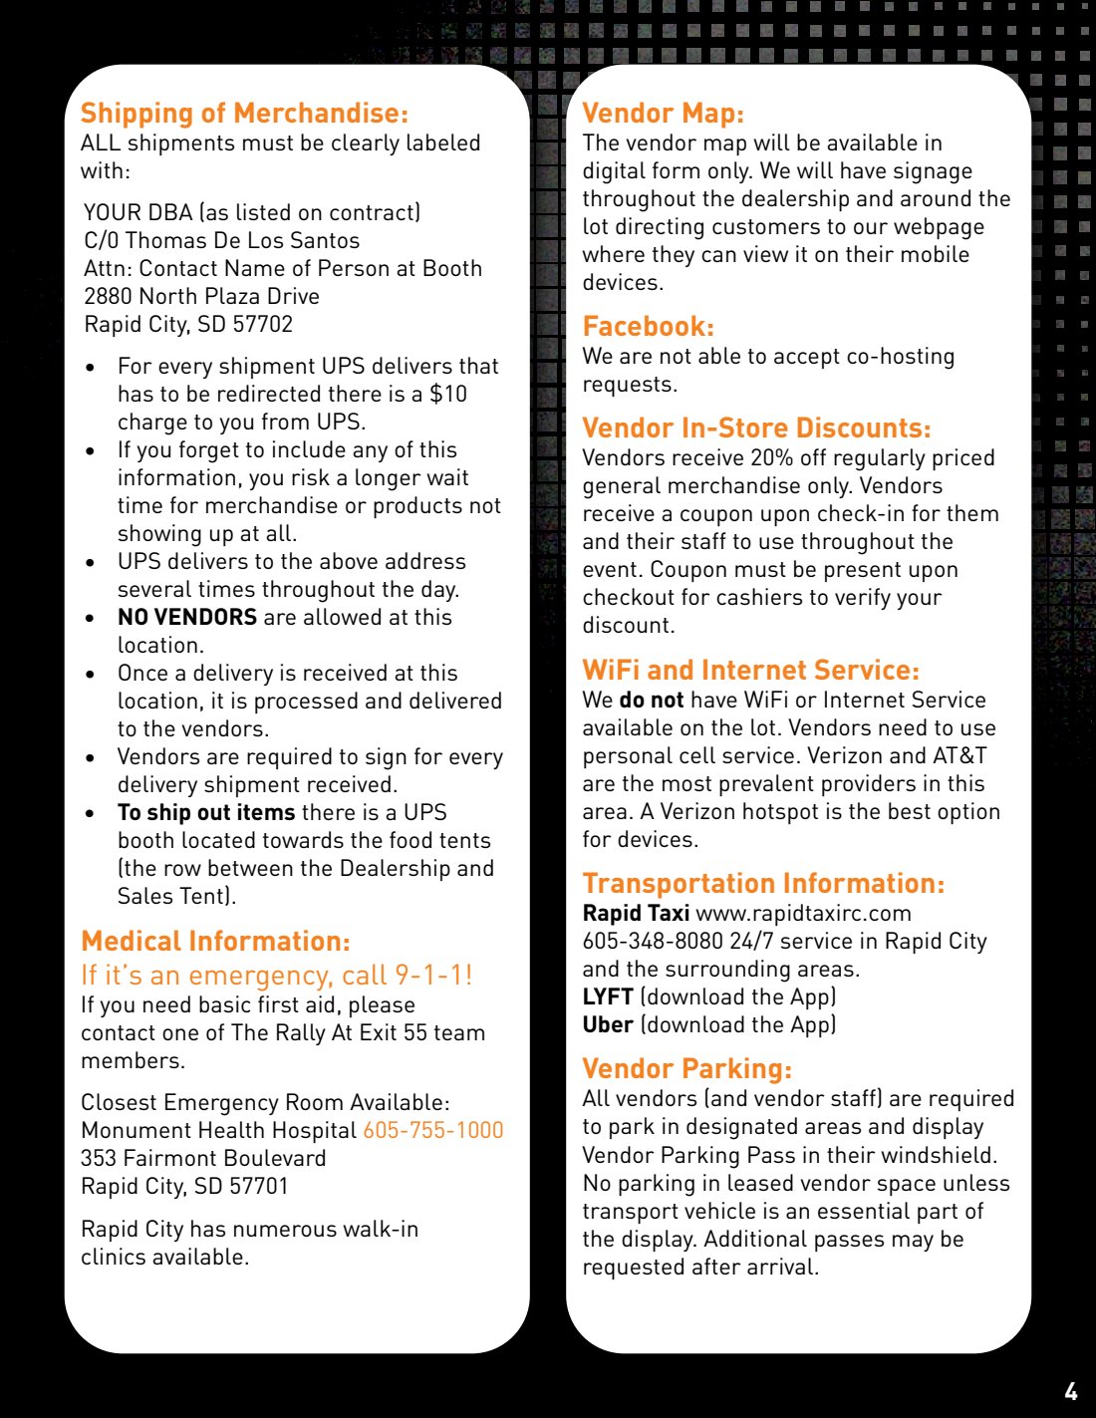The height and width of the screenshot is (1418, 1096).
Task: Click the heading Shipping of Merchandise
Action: coord(244,114)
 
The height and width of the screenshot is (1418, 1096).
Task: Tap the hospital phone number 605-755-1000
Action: coord(433,1130)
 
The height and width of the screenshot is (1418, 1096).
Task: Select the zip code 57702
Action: coord(262,325)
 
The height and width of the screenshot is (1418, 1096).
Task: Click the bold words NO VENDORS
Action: coord(187,618)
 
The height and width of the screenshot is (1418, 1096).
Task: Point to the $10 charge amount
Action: coord(448,395)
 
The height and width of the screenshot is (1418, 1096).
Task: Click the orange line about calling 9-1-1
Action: coord(276,975)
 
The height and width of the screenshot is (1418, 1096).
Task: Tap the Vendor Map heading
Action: coord(663,114)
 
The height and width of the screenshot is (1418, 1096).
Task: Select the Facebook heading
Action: coord(648,327)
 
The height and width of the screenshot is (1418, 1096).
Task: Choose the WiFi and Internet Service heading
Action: coord(750,670)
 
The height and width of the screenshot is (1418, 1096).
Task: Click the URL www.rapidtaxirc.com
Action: coord(803,914)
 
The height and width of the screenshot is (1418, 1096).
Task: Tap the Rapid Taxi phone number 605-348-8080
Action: coord(653,942)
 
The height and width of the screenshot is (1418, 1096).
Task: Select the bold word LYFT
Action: coord(608,997)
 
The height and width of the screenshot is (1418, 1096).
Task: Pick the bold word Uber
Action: coord(608,1025)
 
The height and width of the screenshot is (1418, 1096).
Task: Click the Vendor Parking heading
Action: coord(686,1069)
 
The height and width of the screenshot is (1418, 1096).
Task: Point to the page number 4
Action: coord(1070,1392)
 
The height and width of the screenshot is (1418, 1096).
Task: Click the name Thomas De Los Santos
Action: coord(242,241)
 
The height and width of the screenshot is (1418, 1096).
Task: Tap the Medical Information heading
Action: coord(215,942)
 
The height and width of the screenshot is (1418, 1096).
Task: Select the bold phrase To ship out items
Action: coord(206,813)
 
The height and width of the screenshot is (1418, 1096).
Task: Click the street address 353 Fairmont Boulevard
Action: coord(203,1159)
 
